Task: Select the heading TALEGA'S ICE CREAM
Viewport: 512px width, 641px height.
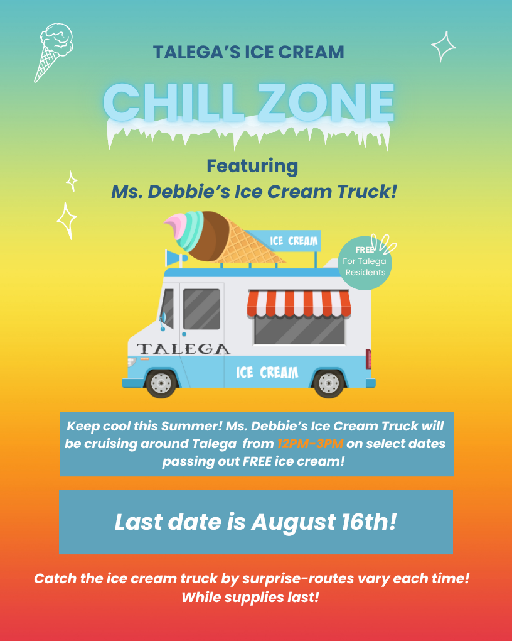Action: coord(248,52)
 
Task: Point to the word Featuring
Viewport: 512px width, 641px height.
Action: coord(252,166)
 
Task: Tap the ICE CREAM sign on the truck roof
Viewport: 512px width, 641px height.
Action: coord(294,241)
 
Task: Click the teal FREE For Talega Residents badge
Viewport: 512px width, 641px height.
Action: coord(365,263)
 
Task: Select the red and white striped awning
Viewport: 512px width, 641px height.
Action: coord(299,304)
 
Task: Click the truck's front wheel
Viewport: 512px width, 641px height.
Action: coord(161,382)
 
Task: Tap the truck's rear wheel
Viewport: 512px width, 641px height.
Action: coord(329,382)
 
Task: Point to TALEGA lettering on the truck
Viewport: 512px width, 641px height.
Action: coord(183,349)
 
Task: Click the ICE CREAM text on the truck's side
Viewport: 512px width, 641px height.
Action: coord(267,373)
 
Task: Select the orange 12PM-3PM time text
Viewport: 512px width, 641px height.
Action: coord(310,444)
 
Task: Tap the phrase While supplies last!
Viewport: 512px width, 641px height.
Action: coord(250,597)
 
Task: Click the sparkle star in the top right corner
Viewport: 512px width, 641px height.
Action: coord(443,47)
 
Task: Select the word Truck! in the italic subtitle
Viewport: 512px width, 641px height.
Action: coord(370,191)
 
